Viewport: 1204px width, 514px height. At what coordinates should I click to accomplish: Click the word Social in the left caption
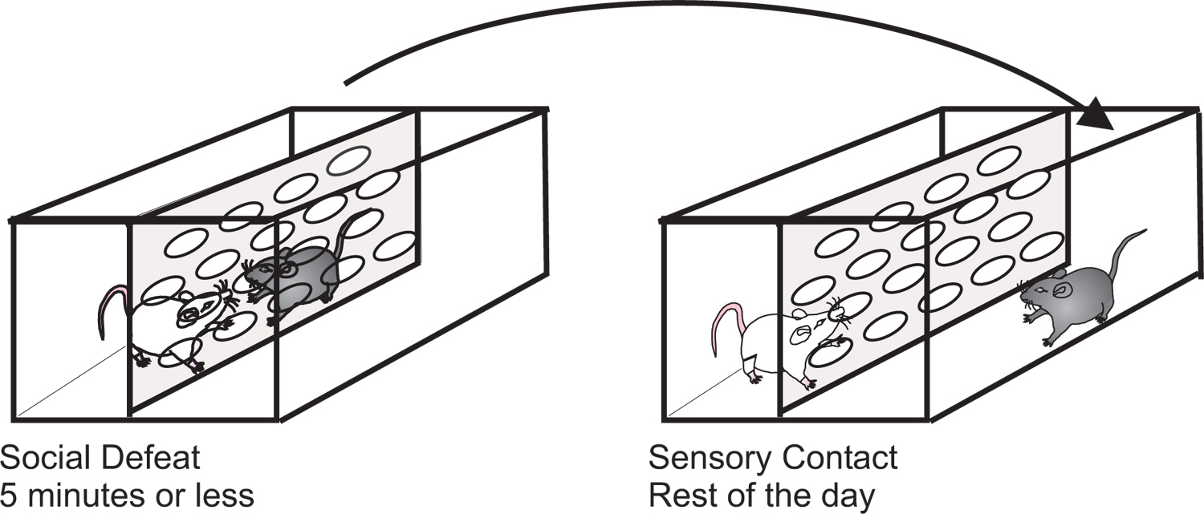point(44,459)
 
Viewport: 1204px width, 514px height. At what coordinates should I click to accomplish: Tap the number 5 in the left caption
point(9,495)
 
